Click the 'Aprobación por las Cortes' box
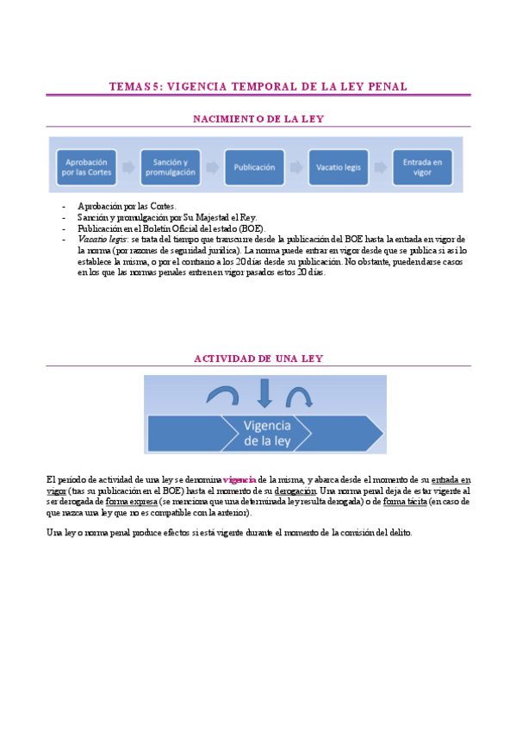coord(84,167)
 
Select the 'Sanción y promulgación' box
coord(170,167)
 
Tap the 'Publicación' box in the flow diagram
coord(254,167)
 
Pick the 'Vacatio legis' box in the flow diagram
coord(339,167)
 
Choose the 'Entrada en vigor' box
coord(422,167)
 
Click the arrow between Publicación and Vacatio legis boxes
coord(296,167)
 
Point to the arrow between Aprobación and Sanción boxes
coord(127,167)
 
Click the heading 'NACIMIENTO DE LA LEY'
coord(258,118)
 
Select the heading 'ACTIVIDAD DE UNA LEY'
coord(258,358)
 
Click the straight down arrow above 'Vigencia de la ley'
coord(264,392)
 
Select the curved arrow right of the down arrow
coord(299,396)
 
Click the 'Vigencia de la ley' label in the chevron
coord(267,434)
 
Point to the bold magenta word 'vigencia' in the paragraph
coord(239,478)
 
